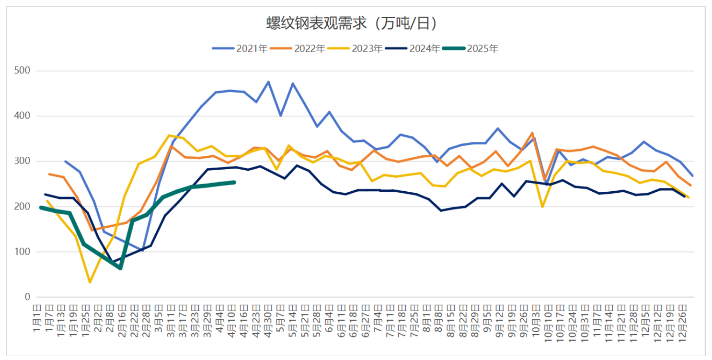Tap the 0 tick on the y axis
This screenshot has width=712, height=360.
(x=27, y=297)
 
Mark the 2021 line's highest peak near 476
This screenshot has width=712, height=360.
(x=268, y=81)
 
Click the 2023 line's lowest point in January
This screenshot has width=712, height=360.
(x=89, y=282)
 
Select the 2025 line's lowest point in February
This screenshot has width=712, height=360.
(x=120, y=268)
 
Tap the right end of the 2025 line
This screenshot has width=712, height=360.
(x=234, y=182)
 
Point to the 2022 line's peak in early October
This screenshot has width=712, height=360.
(x=532, y=133)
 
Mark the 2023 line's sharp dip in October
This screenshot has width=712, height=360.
(x=542, y=207)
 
